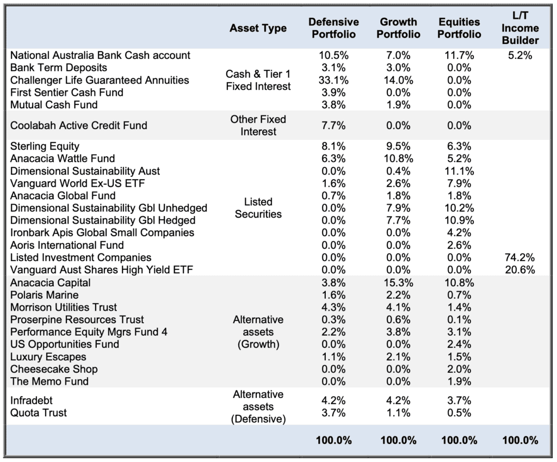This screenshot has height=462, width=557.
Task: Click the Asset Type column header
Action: [258, 28]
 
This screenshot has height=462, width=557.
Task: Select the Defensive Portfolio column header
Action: [333, 28]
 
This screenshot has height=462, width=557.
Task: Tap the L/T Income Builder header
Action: [520, 28]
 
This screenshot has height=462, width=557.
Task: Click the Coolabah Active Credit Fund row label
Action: [78, 126]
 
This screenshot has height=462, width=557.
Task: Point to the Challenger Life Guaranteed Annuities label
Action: [100, 80]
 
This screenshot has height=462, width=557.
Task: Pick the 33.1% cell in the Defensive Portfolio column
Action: [333, 80]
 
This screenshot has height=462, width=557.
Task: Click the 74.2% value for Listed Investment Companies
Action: [520, 257]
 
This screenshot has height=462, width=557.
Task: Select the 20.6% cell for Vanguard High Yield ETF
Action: [520, 270]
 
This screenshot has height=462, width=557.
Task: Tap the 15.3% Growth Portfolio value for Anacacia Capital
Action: [398, 282]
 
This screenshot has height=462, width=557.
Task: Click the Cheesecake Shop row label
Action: [54, 369]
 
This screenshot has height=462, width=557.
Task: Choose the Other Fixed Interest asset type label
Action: [258, 126]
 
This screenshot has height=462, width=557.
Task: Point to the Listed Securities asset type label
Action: [258, 208]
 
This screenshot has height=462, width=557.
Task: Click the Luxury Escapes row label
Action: [48, 356]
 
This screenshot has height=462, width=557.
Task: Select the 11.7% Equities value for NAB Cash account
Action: [459, 55]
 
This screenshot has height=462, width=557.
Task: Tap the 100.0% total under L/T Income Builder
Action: [520, 440]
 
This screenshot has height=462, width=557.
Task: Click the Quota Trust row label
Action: [39, 412]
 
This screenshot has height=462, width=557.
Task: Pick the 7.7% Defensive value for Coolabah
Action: [333, 126]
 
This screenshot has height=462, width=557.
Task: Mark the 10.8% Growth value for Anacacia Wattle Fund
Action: [398, 158]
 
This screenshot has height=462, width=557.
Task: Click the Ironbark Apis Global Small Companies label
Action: [102, 232]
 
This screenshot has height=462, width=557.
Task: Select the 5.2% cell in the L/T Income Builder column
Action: [520, 55]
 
